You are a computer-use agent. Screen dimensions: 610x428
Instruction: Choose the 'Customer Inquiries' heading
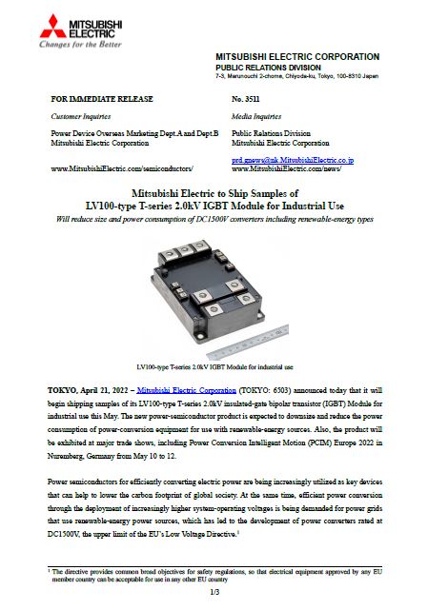[80, 113]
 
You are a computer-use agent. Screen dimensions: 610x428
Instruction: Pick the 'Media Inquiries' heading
[255, 113]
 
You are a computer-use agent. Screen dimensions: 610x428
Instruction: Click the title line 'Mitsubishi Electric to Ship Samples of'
[214, 192]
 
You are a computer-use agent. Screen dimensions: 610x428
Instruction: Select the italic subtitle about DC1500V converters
[214, 220]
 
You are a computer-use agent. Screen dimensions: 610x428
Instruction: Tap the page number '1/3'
[214, 593]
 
